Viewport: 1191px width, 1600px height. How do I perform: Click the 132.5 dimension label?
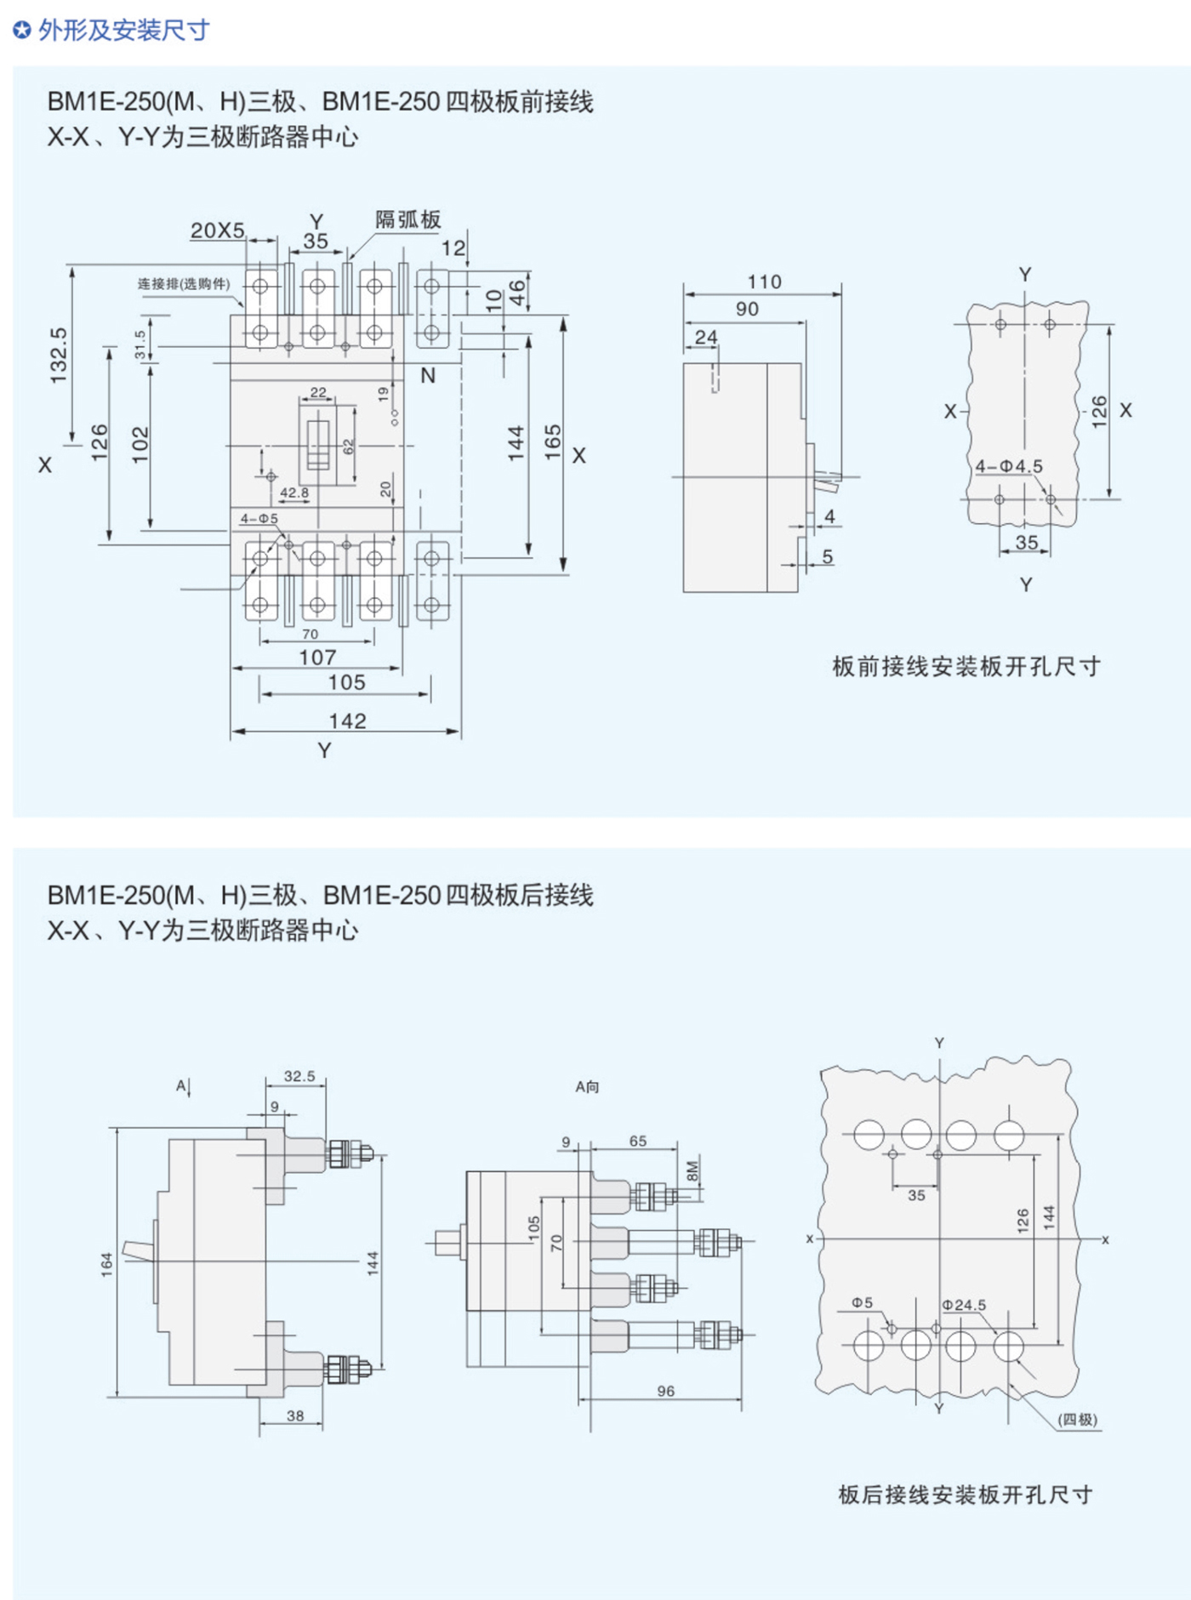pyautogui.click(x=58, y=355)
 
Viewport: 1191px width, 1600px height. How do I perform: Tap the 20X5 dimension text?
pyautogui.click(x=217, y=231)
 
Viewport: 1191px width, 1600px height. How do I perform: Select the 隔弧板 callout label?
pyautogui.click(x=408, y=219)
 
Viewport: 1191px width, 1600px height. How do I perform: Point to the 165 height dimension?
pyautogui.click(x=553, y=442)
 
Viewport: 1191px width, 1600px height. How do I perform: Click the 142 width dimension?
pyautogui.click(x=347, y=720)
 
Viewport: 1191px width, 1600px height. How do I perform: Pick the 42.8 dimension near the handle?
pyautogui.click(x=294, y=493)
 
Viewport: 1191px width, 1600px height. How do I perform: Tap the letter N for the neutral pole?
pyautogui.click(x=428, y=375)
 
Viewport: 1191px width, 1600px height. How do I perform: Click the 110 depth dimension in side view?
pyautogui.click(x=764, y=282)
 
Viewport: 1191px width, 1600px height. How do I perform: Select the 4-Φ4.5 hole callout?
pyautogui.click(x=1009, y=466)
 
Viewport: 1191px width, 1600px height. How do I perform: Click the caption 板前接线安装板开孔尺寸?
pyautogui.click(x=966, y=666)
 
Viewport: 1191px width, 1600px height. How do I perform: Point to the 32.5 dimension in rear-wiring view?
pyautogui.click(x=299, y=1076)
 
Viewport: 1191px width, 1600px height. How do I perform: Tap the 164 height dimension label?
pyautogui.click(x=106, y=1264)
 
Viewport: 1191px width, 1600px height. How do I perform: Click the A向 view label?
pyautogui.click(x=587, y=1087)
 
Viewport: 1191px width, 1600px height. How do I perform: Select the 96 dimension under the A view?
pyautogui.click(x=665, y=1391)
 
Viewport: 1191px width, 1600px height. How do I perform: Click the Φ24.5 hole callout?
pyautogui.click(x=964, y=1305)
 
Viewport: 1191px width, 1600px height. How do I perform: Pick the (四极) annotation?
pyautogui.click(x=1077, y=1420)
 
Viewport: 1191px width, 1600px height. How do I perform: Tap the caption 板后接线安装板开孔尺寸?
pyautogui.click(x=966, y=1495)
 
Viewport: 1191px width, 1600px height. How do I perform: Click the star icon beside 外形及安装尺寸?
pyautogui.click(x=22, y=31)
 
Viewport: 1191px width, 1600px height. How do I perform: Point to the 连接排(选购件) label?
pyautogui.click(x=184, y=284)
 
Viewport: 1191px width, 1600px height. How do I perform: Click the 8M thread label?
pyautogui.click(x=692, y=1170)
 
